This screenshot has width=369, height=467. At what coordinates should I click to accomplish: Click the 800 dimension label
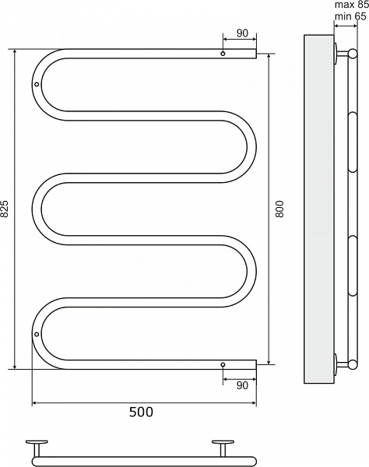pyautogui.click(x=279, y=209)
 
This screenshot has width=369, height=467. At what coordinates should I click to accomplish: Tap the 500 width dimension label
pyautogui.click(x=141, y=412)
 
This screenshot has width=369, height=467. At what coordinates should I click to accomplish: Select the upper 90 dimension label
pyautogui.click(x=242, y=33)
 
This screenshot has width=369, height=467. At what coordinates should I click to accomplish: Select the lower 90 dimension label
pyautogui.click(x=242, y=385)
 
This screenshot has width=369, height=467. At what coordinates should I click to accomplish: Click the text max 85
pyautogui.click(x=352, y=5)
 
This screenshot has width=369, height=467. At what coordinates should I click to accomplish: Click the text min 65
pyautogui.click(x=350, y=16)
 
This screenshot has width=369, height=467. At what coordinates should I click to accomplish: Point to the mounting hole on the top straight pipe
pyautogui.click(x=223, y=54)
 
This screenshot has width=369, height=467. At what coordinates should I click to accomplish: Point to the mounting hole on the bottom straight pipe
pyautogui.click(x=223, y=364)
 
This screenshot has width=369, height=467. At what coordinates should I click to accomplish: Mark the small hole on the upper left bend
pyautogui.click(x=37, y=84)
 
